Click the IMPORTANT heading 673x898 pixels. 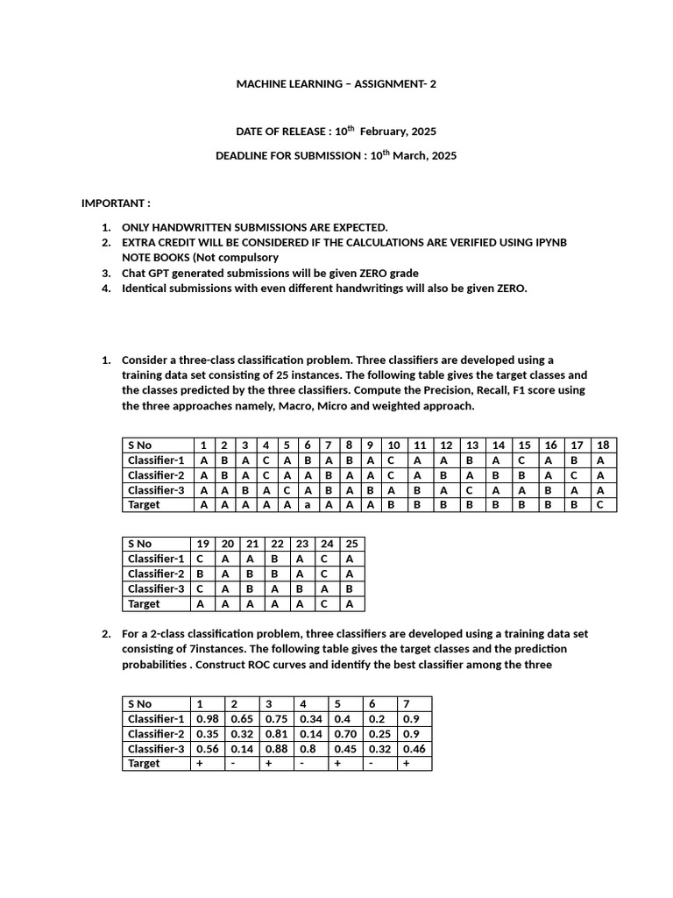click(116, 203)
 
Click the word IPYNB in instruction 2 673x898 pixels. click(549, 242)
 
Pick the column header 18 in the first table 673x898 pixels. click(603, 445)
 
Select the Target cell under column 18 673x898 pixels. click(603, 505)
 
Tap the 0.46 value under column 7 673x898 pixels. click(414, 749)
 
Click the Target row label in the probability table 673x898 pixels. click(144, 764)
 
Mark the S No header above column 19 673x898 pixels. click(140, 544)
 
